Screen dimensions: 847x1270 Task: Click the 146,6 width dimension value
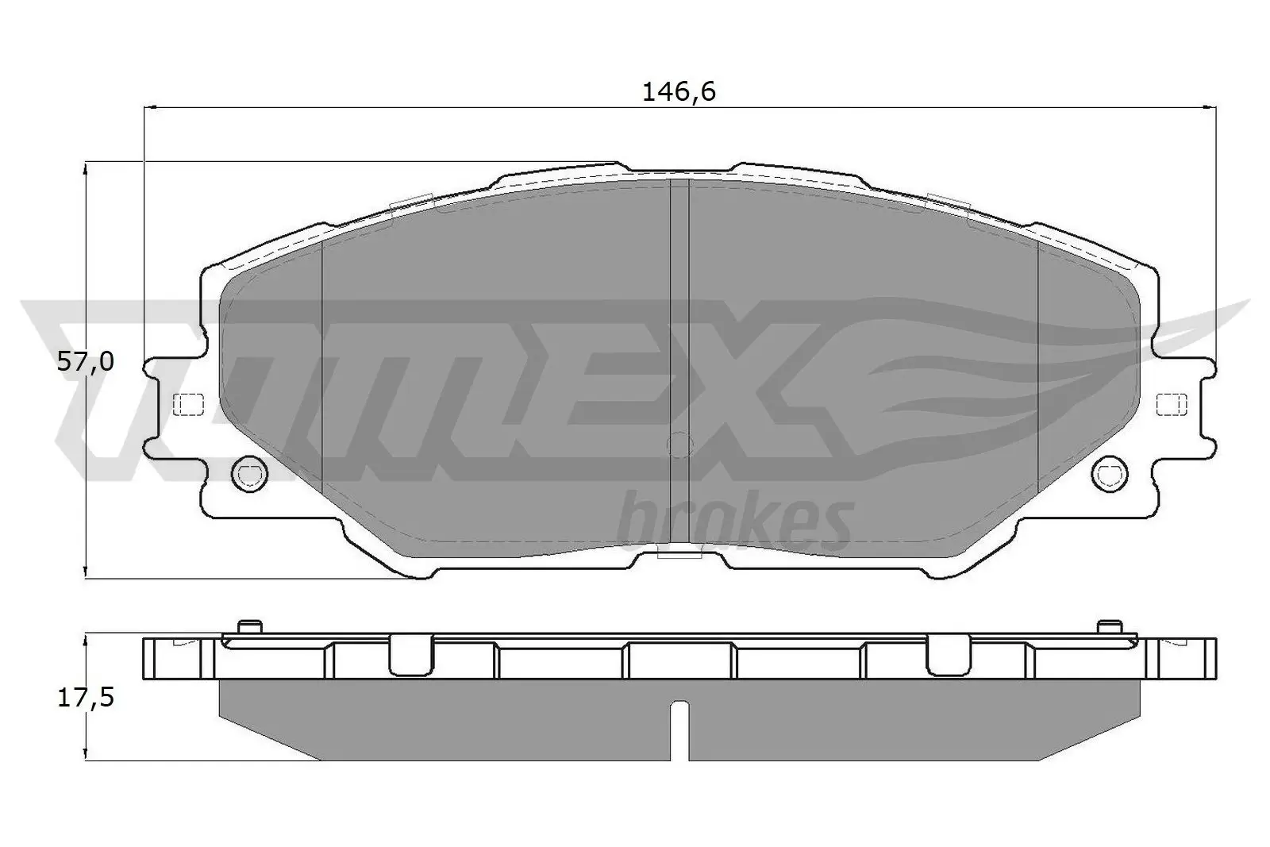point(679,93)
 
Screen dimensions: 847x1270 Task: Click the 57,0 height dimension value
point(86,363)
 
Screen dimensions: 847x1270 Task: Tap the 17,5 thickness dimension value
point(86,698)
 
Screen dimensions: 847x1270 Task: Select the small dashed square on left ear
point(188,404)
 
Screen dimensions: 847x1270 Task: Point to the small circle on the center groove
point(679,445)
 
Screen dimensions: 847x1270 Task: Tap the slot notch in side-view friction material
point(679,726)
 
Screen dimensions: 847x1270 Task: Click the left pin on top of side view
point(250,626)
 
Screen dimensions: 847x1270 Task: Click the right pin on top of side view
point(1110,626)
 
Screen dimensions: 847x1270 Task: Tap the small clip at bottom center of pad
point(680,553)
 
